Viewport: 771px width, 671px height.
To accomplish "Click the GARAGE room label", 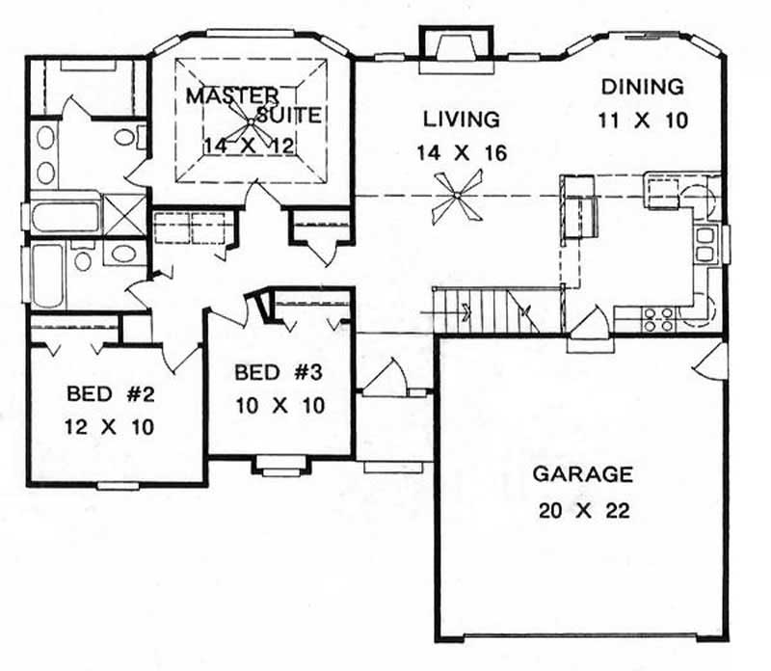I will coord(583,474).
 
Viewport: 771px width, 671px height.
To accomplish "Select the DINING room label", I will coord(643,87).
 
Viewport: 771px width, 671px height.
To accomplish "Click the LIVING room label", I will coord(462,121).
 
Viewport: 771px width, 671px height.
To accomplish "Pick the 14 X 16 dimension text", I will coord(462,153).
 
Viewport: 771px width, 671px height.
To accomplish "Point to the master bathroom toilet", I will coord(125,136).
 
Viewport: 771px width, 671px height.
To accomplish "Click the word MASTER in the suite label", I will coord(232,95).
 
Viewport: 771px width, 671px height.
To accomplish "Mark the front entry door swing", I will coord(391,376).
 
